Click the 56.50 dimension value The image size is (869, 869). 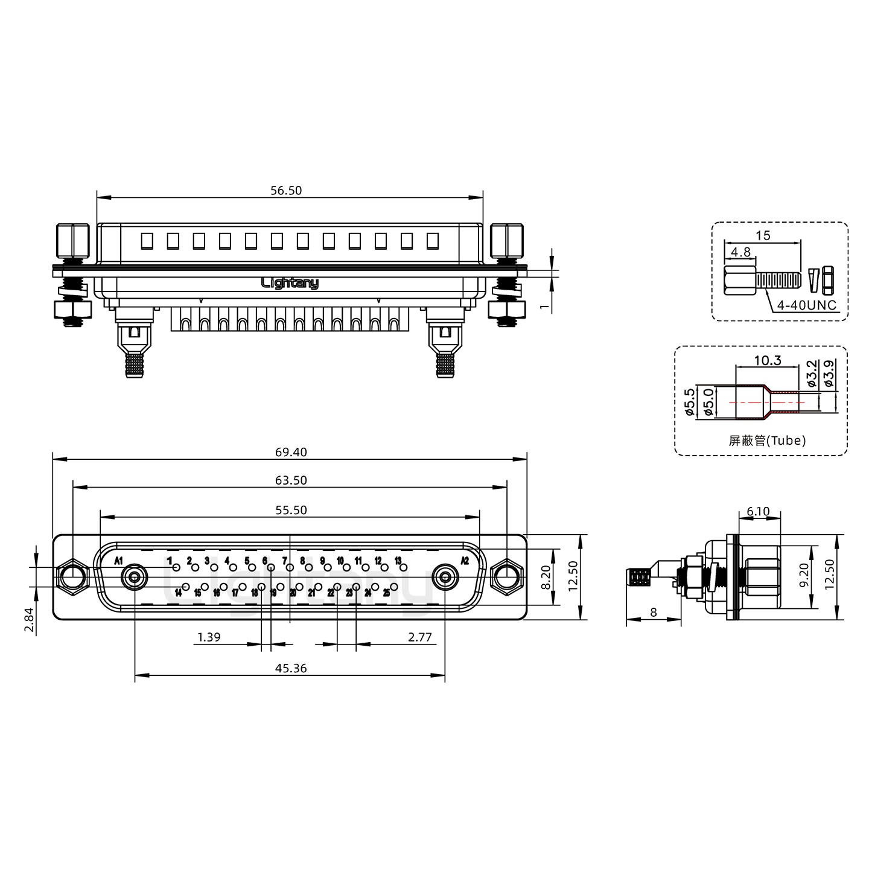pos(286,190)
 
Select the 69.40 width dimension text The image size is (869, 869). pos(291,452)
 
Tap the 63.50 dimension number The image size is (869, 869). pos(291,480)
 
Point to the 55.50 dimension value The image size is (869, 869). pos(291,510)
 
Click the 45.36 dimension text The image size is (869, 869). pos(291,668)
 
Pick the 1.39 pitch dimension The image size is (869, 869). pos(209,637)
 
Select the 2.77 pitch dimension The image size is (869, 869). pos(420,637)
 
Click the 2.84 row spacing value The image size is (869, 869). pos(30,620)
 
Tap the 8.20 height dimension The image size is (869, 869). pos(546,578)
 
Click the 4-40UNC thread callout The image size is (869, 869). pos(807,305)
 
